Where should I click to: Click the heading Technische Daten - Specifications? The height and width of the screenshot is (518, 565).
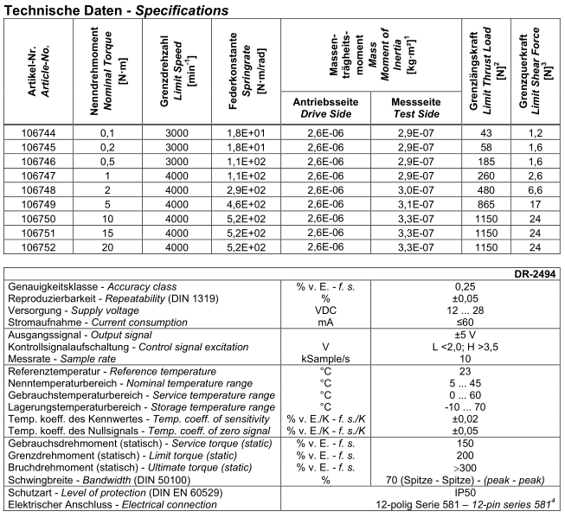116,10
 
